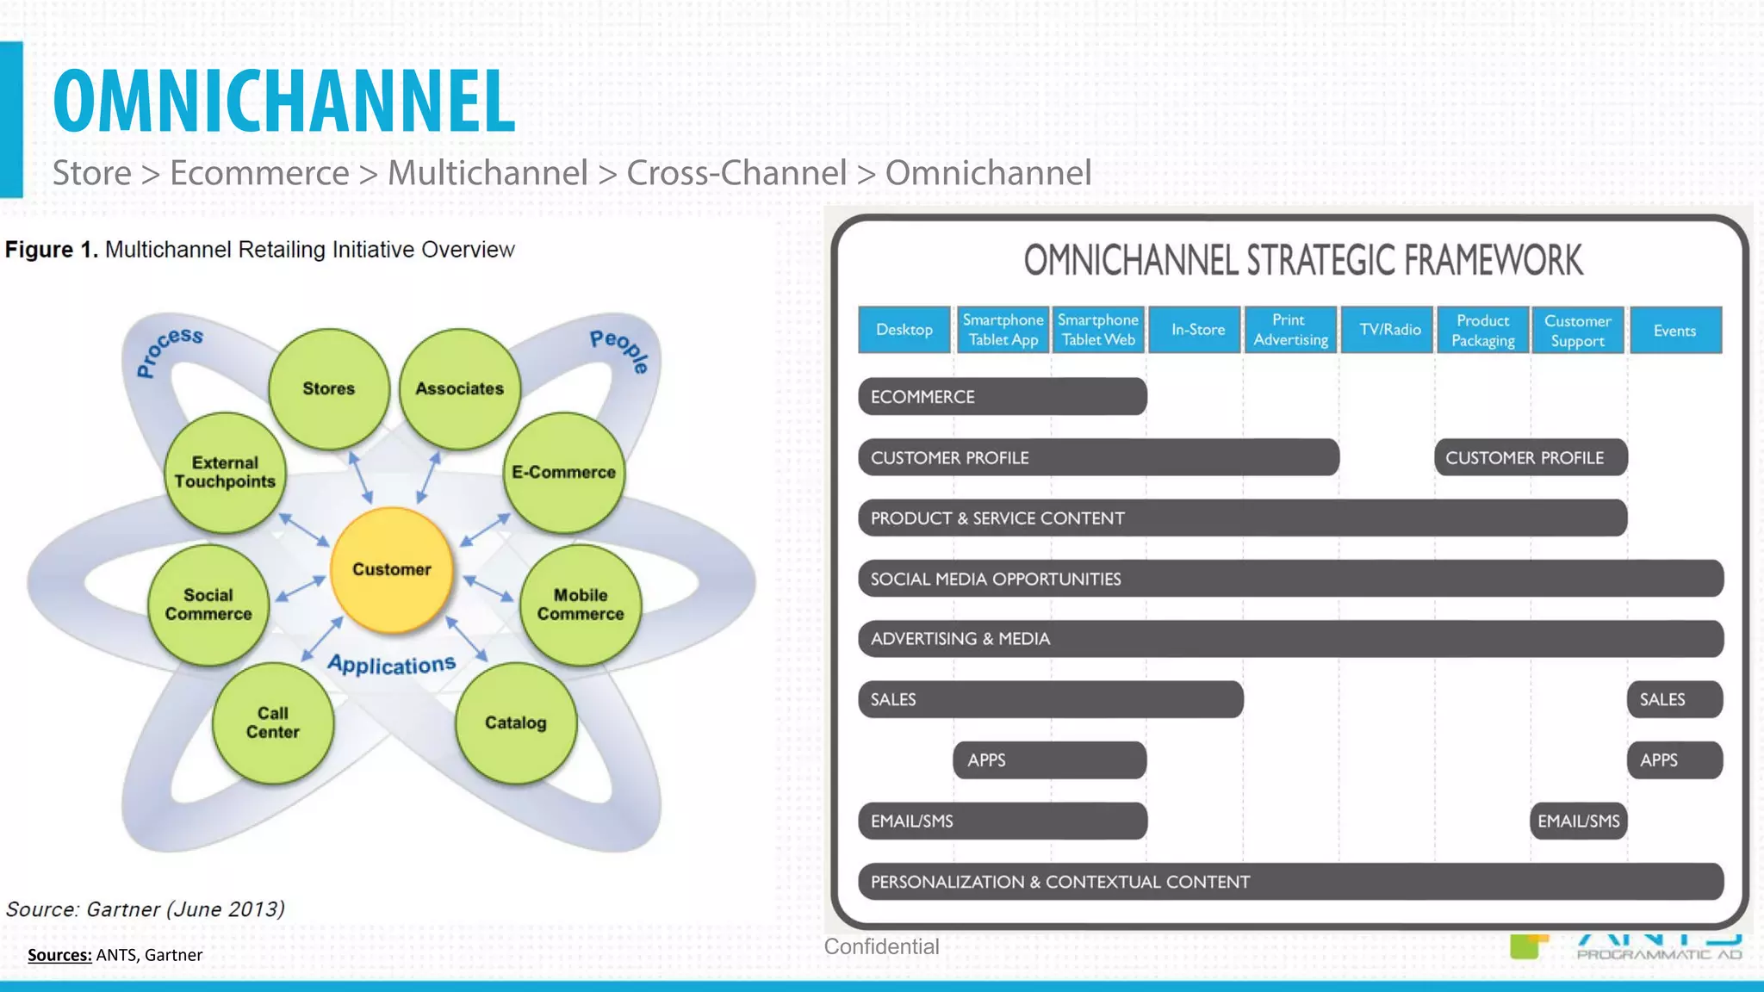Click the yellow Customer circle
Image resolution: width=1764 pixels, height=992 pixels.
point(392,570)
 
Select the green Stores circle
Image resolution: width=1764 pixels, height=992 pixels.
point(329,388)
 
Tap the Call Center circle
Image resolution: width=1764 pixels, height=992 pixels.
point(273,722)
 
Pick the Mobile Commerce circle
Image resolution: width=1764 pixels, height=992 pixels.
point(581,604)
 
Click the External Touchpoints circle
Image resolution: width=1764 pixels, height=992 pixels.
point(225,473)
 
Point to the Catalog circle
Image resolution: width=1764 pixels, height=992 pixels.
point(516,722)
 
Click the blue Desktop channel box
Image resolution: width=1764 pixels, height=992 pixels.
point(904,330)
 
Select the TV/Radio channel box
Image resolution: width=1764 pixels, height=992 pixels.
point(1389,330)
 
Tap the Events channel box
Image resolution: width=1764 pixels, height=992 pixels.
point(1674,331)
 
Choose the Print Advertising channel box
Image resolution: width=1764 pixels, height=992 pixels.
point(1290,330)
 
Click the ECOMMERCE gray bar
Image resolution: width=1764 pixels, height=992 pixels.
point(1002,397)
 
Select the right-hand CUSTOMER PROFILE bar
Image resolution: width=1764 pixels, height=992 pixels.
point(1530,458)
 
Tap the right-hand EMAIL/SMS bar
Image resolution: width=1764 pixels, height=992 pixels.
point(1578,821)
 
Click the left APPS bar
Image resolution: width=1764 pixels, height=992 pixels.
point(1049,760)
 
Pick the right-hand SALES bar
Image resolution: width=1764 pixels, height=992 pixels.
point(1674,700)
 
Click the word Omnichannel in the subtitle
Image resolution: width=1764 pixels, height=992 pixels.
point(988,173)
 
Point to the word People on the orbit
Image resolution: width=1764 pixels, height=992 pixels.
point(620,350)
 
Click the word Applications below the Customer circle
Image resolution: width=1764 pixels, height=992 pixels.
point(392,665)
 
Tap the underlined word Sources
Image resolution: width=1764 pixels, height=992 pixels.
point(59,955)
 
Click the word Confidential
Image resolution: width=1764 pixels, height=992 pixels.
point(881,946)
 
